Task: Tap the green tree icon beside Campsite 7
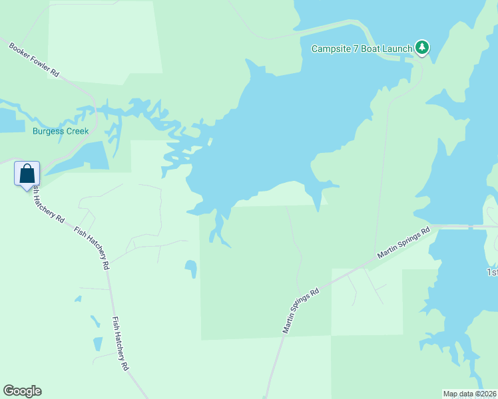[x=421, y=47]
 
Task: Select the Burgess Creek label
[x=61, y=131]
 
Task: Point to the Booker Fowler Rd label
[x=34, y=61]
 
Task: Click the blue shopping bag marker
[x=27, y=174]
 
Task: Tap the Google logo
[x=22, y=391]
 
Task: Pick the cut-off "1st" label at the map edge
[x=491, y=273]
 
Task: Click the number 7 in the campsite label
[x=355, y=49]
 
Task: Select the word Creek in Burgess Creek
[x=77, y=131]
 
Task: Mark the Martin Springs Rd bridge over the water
[x=470, y=227]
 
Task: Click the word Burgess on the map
[x=47, y=131]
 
